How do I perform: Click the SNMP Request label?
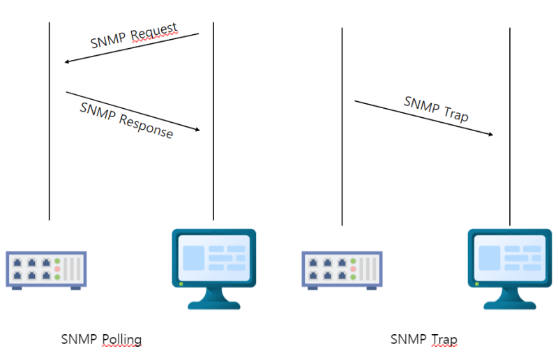(134, 36)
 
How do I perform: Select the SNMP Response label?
(126, 120)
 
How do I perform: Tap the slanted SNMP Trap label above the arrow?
(436, 109)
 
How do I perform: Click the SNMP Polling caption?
(101, 340)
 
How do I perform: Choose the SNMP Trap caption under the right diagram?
(423, 340)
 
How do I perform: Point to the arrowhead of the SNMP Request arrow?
(67, 61)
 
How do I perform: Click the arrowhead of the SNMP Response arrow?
(197, 129)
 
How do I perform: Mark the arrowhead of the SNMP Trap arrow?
(491, 134)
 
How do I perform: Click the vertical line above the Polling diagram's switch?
(50, 153)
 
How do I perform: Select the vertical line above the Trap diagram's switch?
(342, 174)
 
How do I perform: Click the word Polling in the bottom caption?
(121, 340)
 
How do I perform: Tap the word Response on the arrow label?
(146, 125)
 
